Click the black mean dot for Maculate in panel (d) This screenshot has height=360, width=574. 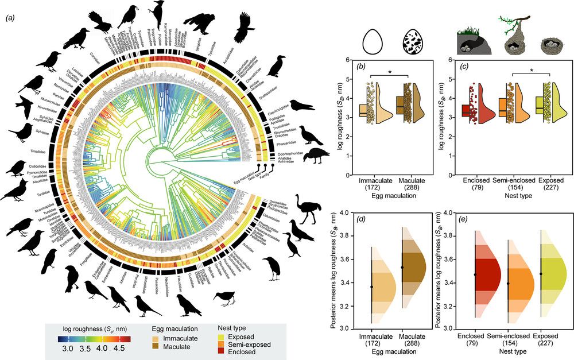pos(402,268)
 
